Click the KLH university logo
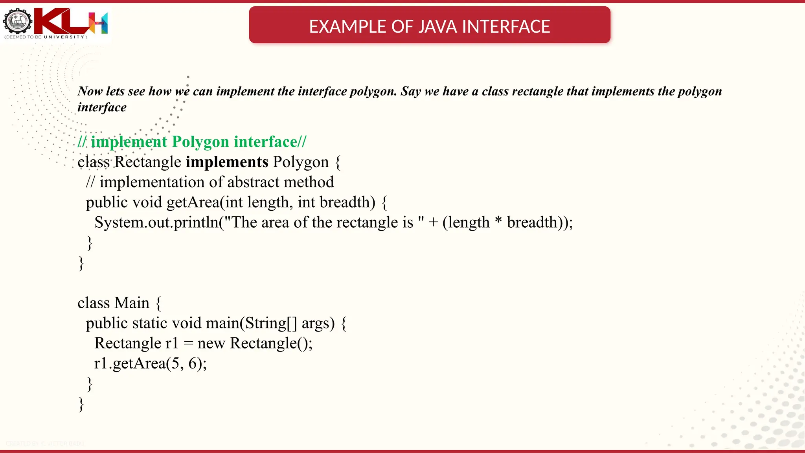pos(55,23)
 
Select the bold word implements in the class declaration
pos(227,162)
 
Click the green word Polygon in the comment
pos(200,142)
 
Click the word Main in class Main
pos(132,303)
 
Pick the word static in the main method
pos(150,323)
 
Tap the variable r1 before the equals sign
pos(172,343)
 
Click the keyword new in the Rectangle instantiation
pos(211,344)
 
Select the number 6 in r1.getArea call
pos(193,363)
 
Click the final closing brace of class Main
pos(81,404)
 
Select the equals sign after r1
pos(189,344)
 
